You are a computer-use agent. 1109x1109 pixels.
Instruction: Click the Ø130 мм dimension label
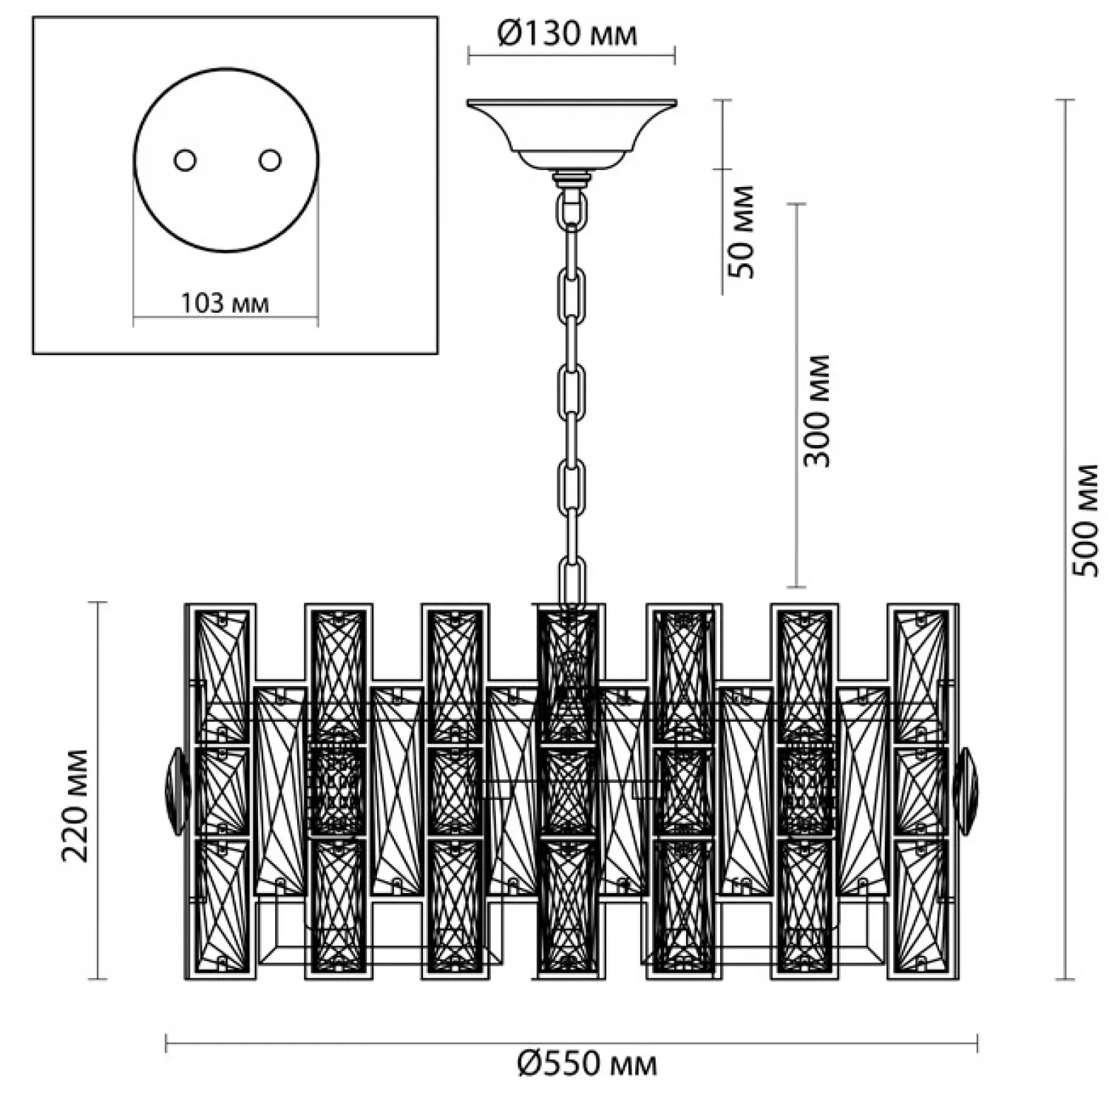pos(567,33)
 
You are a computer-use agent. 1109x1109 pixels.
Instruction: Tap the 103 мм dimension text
pos(225,303)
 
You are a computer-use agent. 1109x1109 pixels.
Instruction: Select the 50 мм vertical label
pos(742,231)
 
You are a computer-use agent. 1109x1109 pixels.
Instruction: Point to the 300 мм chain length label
pos(817,410)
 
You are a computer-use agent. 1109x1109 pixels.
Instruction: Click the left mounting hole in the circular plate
pos(184,160)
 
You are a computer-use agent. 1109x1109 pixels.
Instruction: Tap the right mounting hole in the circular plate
pos(270,160)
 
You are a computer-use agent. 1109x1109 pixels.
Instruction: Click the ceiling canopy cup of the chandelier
pos(572,133)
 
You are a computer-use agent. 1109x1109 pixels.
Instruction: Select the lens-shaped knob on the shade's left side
pos(177,791)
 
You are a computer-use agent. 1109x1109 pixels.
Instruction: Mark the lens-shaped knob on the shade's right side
pos(966,791)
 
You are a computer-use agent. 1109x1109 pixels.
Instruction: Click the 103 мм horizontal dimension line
pos(225,320)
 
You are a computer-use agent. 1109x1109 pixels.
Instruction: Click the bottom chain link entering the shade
pos(572,584)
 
